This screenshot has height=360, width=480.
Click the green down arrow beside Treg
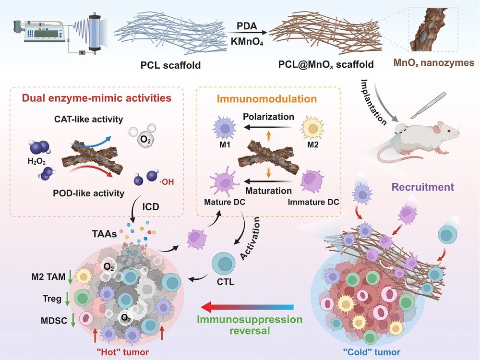[67, 299]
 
